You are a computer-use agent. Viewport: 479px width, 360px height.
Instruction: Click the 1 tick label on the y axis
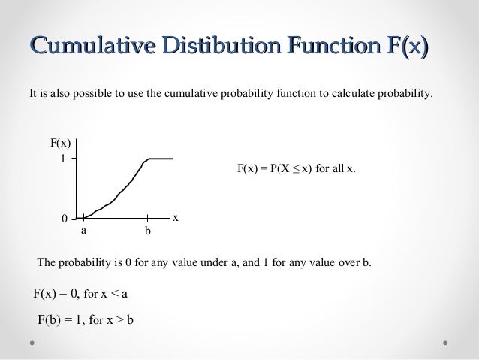click(64, 159)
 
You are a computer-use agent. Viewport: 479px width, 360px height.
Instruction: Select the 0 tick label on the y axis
click(65, 219)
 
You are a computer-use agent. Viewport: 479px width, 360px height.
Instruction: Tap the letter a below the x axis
click(84, 232)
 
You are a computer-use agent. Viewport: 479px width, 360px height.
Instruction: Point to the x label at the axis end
click(176, 217)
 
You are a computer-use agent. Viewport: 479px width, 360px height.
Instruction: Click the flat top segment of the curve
click(161, 159)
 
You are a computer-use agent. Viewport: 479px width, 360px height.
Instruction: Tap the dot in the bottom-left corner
click(33, 343)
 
